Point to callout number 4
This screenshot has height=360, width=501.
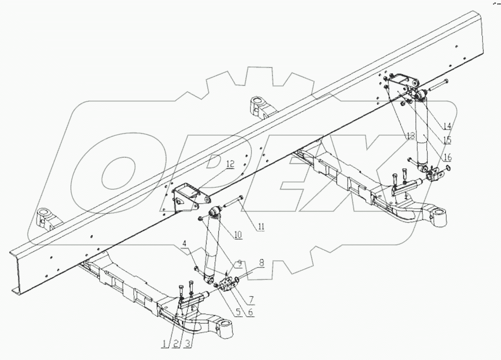pyautogui.click(x=185, y=245)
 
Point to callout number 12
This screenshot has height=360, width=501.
pyautogui.click(x=230, y=164)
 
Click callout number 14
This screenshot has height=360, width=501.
pyautogui.click(x=448, y=126)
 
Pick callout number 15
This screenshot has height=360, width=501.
pyautogui.click(x=448, y=140)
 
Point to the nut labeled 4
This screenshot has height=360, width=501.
pyautogui.click(x=196, y=269)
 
